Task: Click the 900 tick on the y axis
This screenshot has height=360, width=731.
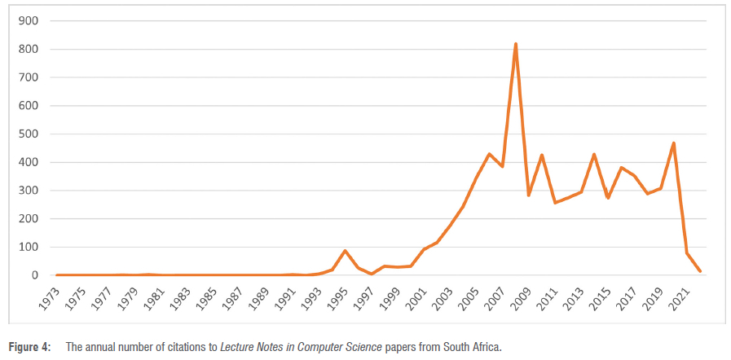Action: pyautogui.click(x=28, y=21)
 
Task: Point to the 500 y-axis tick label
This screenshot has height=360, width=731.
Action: pyautogui.click(x=28, y=134)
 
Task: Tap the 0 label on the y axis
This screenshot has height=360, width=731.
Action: pyautogui.click(x=34, y=275)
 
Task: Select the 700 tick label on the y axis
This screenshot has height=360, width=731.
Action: pyautogui.click(x=28, y=77)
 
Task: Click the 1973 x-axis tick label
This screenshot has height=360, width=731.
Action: pyautogui.click(x=51, y=303)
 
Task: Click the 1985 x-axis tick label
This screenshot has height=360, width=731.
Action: pyautogui.click(x=207, y=303)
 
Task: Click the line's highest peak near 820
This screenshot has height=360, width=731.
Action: pyautogui.click(x=516, y=44)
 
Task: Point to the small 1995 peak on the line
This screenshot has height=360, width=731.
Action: pyautogui.click(x=346, y=251)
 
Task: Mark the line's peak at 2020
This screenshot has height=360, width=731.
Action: pyautogui.click(x=673, y=143)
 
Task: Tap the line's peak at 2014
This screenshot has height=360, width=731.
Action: pyautogui.click(x=594, y=154)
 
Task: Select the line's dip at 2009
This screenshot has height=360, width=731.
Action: pyautogui.click(x=529, y=195)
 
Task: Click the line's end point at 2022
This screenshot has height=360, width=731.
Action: pyautogui.click(x=699, y=271)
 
